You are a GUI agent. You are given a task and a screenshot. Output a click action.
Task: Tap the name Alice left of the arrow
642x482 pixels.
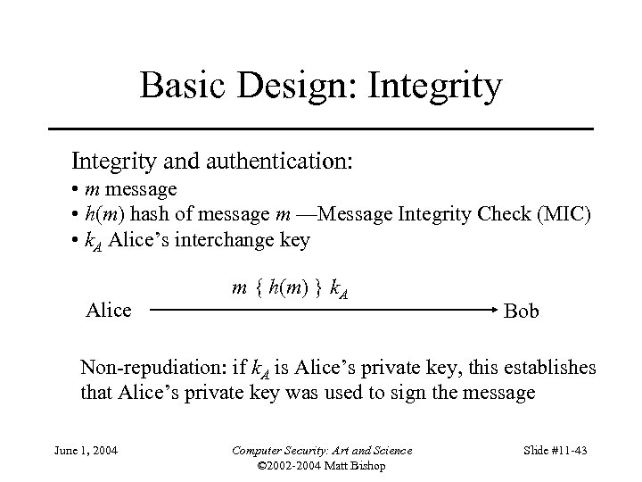point(109,311)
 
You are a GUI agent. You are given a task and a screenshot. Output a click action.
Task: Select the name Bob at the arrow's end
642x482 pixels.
point(521,312)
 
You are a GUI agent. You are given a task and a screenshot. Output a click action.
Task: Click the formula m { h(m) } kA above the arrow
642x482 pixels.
point(290,288)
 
